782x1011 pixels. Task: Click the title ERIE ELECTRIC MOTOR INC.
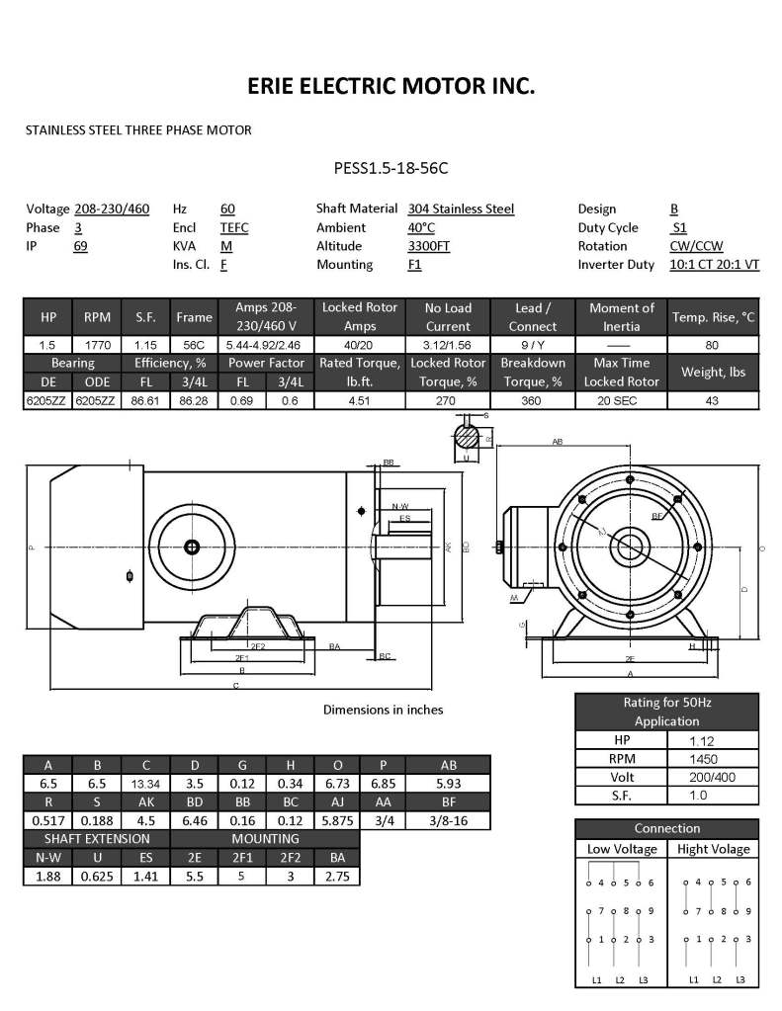click(391, 87)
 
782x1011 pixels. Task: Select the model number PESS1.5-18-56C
click(391, 168)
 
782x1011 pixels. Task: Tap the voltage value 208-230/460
click(112, 209)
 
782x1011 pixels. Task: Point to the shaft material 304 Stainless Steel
click(461, 209)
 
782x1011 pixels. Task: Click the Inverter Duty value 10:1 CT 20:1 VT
click(715, 265)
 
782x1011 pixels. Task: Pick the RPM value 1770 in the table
click(97, 346)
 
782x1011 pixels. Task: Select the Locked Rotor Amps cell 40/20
click(358, 346)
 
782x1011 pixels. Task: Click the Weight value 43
click(713, 400)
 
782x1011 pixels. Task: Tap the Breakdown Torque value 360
click(533, 400)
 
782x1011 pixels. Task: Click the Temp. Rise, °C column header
click(713, 317)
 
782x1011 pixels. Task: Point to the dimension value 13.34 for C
click(146, 783)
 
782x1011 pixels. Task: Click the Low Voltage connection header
click(621, 849)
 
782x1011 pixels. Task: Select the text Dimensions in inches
click(383, 710)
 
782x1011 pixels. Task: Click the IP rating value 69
click(81, 246)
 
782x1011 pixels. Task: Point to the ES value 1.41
click(146, 877)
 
